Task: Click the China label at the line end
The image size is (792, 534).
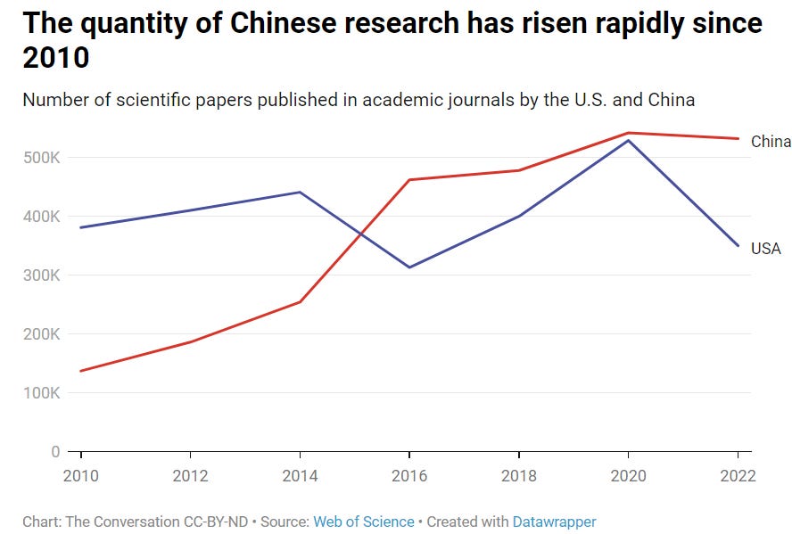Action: [771, 142]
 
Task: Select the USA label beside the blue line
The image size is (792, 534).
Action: [765, 249]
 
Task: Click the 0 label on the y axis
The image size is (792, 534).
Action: [55, 452]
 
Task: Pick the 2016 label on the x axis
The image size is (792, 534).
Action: [408, 476]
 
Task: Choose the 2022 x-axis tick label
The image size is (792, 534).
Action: [737, 476]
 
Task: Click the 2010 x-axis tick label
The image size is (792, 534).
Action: [81, 476]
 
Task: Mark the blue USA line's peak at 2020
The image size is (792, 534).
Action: [629, 140]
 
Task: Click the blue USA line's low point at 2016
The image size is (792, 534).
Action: [409, 267]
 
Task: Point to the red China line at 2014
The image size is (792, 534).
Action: [300, 302]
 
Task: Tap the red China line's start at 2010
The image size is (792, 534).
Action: [81, 371]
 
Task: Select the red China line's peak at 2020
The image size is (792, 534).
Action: [629, 133]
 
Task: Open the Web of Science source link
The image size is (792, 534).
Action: [363, 522]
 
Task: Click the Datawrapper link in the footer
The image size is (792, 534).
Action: [554, 522]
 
